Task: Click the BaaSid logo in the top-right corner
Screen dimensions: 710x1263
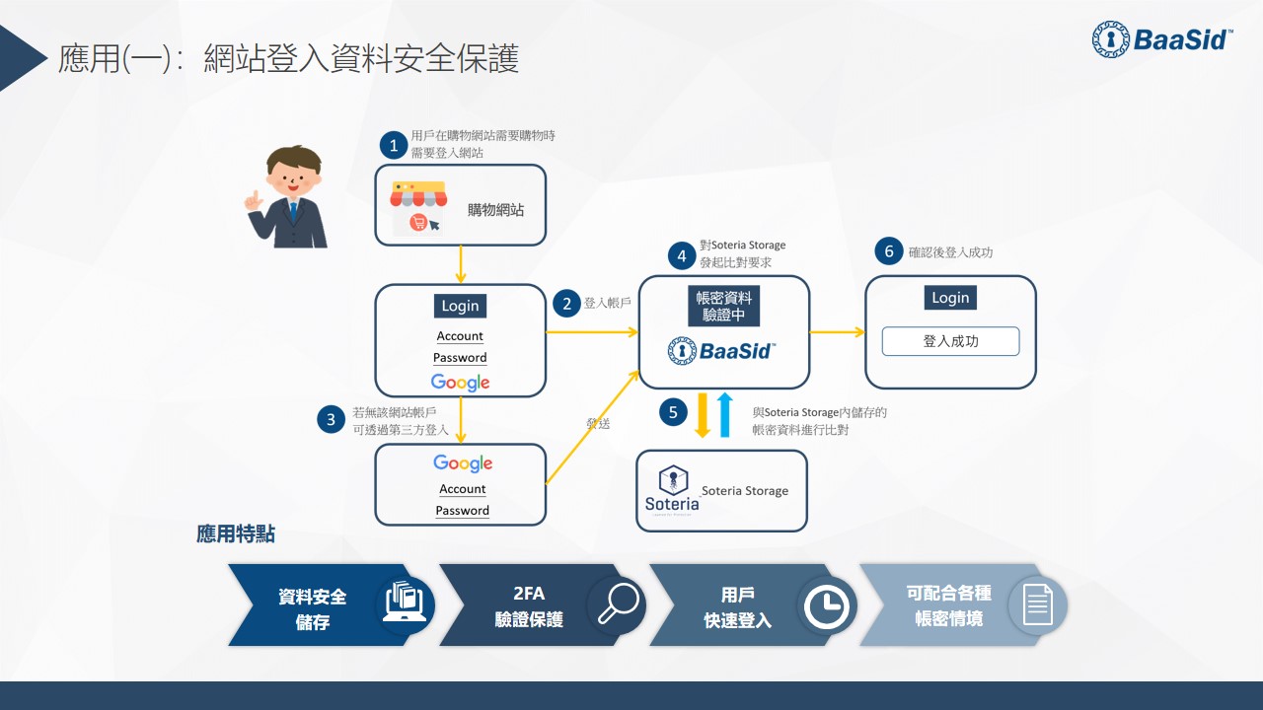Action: [x=1162, y=39]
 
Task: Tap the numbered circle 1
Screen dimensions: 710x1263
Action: [x=394, y=146]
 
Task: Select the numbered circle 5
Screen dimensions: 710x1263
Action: [x=673, y=412]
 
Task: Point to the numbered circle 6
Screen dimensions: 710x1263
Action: [x=888, y=251]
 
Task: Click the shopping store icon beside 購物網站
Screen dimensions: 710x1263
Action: [x=417, y=206]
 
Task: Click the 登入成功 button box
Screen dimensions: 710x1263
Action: [x=950, y=341]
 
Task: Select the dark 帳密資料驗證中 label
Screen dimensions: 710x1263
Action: [x=724, y=307]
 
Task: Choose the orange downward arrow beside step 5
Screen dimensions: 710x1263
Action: [x=703, y=414]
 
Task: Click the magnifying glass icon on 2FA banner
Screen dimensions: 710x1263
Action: [x=617, y=604]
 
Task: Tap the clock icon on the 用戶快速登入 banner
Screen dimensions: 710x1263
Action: [x=827, y=605]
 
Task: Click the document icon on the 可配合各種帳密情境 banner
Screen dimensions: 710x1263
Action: [x=1037, y=604]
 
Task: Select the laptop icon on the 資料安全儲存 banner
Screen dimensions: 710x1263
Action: [x=406, y=604]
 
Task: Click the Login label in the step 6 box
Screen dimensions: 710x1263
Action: [x=950, y=298]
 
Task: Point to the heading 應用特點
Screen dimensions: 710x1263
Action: [x=236, y=534]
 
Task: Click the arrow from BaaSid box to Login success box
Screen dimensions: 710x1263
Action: [x=837, y=332]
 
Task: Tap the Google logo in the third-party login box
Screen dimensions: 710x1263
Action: [x=462, y=463]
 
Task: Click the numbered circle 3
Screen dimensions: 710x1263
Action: [x=332, y=419]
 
